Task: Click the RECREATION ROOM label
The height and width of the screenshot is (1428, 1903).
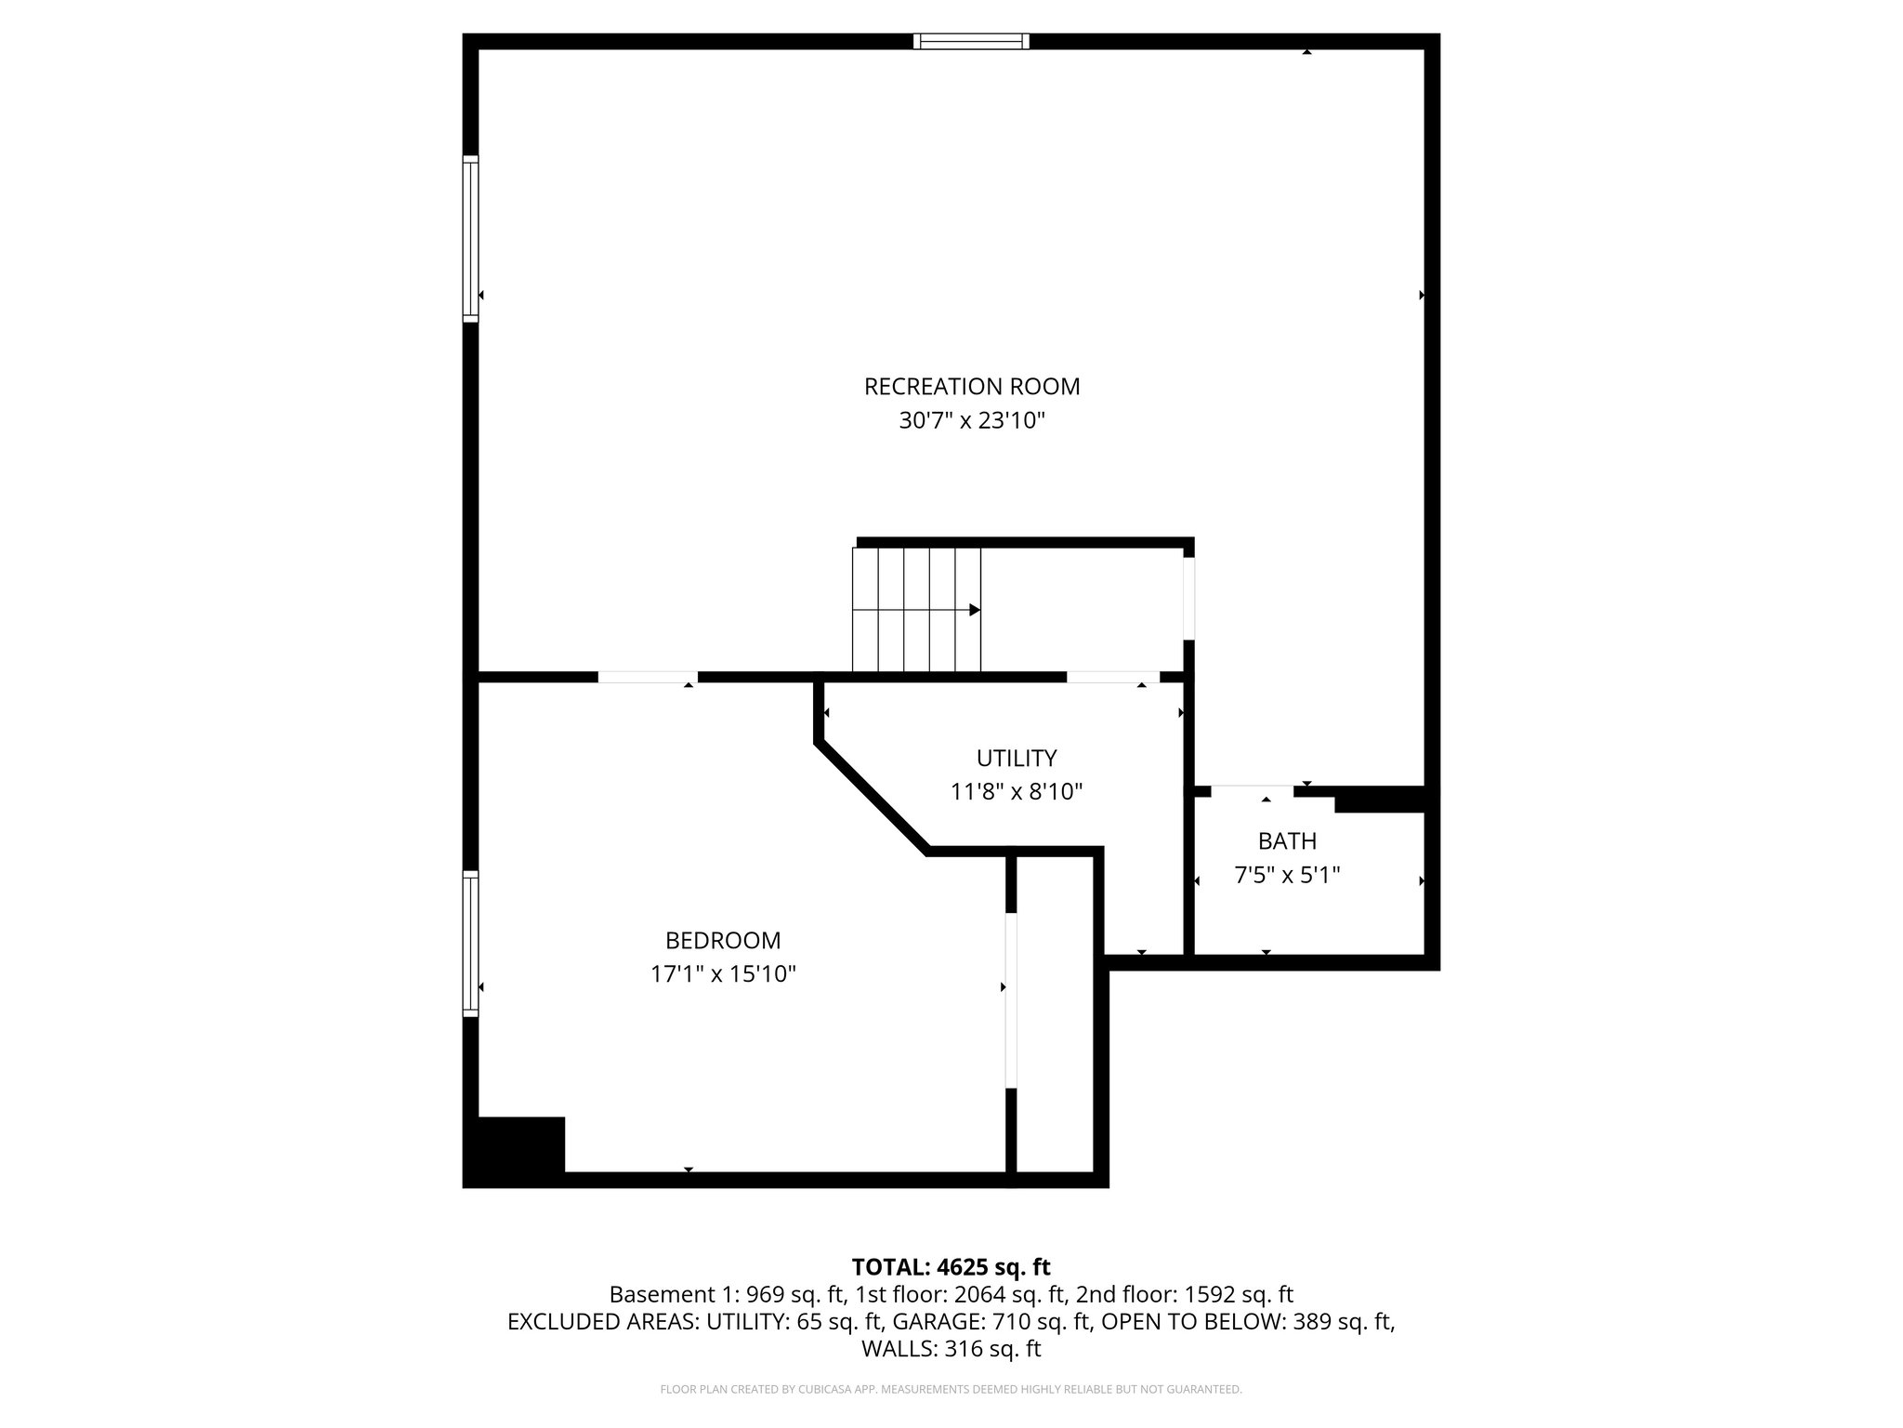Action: pos(972,386)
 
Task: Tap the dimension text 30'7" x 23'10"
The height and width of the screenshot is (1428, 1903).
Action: pos(972,421)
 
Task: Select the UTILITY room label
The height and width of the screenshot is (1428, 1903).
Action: pos(1017,759)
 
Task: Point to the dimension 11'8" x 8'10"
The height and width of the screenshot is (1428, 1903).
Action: pos(1017,792)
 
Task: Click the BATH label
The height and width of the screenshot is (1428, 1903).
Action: pos(1287,841)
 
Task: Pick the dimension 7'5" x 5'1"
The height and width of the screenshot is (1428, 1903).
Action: pos(1287,875)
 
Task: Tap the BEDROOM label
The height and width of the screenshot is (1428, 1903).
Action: pos(723,940)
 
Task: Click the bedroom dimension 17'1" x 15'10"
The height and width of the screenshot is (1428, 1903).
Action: pos(723,974)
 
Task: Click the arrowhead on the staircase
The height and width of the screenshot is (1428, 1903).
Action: pos(974,610)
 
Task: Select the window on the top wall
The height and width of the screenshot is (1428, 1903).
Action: pos(971,41)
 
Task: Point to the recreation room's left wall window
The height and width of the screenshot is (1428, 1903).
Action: pos(471,239)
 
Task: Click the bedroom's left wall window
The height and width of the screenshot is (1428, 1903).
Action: pos(471,944)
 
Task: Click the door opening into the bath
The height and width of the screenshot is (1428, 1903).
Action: pos(1251,791)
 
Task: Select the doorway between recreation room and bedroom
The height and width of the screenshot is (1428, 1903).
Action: pos(648,677)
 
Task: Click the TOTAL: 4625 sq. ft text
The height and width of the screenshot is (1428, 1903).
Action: pos(951,1267)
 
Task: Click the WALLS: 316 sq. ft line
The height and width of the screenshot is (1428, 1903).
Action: pos(951,1349)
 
